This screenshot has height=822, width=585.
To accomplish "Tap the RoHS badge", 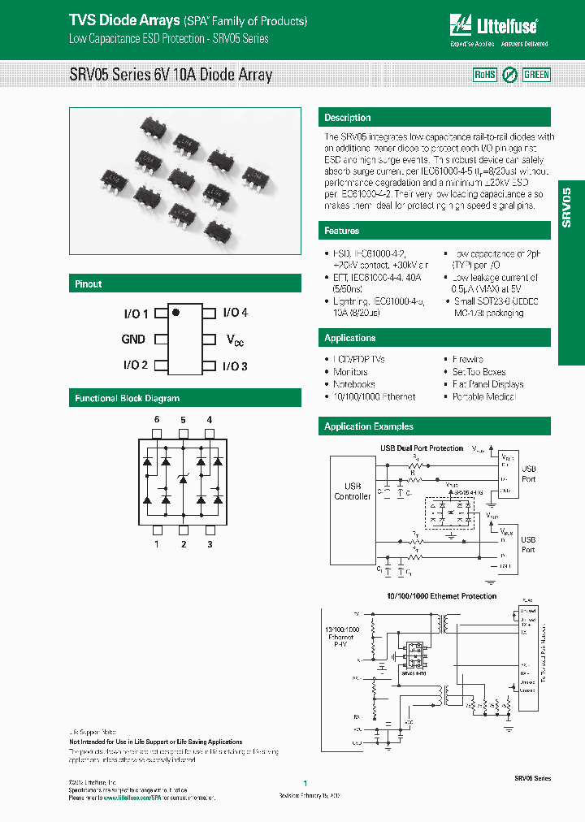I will tap(485, 75).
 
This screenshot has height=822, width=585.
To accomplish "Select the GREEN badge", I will tap(536, 75).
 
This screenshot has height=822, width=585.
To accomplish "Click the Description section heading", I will tap(348, 118).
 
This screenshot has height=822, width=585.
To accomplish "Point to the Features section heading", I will tap(342, 231).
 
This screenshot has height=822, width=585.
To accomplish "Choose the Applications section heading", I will tap(350, 338).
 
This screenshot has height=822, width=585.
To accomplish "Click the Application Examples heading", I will tap(369, 426).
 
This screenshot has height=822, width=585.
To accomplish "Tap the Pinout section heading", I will tap(89, 284).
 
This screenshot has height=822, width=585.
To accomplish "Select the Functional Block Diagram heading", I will tap(128, 399).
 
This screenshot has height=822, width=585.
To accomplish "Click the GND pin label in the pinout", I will tap(133, 340).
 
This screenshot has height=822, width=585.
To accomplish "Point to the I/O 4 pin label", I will tap(235, 313).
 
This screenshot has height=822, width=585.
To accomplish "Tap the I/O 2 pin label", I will tap(135, 366).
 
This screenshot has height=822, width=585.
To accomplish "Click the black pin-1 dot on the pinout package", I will tap(175, 310).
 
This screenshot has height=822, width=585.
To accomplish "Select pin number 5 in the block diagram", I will tap(183, 420).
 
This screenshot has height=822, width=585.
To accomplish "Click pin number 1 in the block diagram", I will tap(157, 544).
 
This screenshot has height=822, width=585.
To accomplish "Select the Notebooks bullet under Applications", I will tap(354, 384).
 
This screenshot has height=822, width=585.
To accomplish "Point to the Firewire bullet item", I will tap(467, 359).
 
